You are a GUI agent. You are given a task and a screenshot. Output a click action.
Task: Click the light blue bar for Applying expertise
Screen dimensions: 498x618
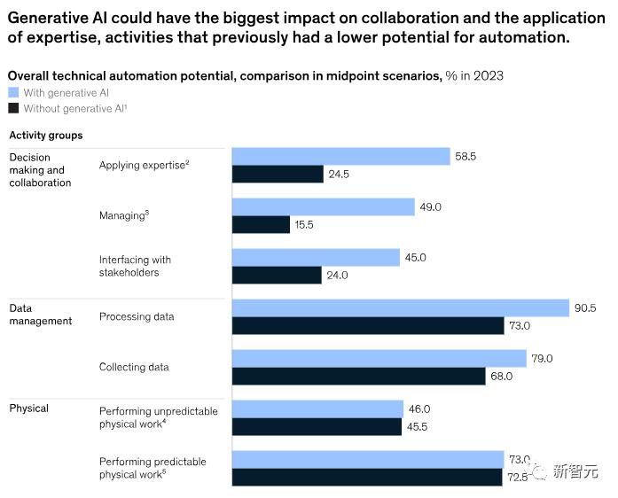[341, 156]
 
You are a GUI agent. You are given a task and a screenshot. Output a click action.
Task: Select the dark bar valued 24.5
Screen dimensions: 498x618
[278, 175]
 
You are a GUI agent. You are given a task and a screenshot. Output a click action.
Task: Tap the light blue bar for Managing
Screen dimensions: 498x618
[324, 206]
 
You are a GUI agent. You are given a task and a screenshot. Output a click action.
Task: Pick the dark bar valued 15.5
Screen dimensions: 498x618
[261, 225]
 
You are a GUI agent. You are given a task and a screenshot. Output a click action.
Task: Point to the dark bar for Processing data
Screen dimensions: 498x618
[368, 326]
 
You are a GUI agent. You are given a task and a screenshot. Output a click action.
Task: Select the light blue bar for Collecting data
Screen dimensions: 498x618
[379, 358]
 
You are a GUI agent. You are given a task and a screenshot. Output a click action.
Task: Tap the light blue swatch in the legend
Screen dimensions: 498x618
[13, 92]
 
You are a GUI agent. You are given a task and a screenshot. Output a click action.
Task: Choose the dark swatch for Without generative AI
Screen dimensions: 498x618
[13, 108]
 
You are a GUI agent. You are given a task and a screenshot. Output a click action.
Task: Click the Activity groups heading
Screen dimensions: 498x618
[46, 136]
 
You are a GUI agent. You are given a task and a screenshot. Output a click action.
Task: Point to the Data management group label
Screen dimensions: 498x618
[40, 315]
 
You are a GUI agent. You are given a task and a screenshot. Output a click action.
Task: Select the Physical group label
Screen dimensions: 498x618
[29, 409]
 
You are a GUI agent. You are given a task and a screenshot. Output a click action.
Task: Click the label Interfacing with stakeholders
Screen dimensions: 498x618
[135, 266]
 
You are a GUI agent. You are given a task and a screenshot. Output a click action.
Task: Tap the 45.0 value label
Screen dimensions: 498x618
[417, 258]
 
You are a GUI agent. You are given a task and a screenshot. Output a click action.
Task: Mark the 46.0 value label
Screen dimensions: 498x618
[419, 409]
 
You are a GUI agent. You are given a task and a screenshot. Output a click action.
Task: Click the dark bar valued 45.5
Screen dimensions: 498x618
[317, 427]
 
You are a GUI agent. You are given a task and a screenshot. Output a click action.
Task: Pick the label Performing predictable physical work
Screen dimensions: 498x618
[153, 468]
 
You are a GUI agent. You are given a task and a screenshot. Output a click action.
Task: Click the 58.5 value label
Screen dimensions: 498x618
[465, 157]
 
